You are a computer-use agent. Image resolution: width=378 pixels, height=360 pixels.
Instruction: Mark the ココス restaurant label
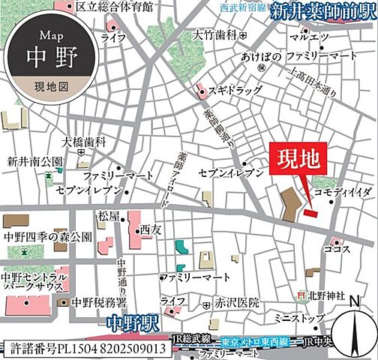click(x=333, y=247)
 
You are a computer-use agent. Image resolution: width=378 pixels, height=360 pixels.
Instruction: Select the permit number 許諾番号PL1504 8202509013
click(x=86, y=348)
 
